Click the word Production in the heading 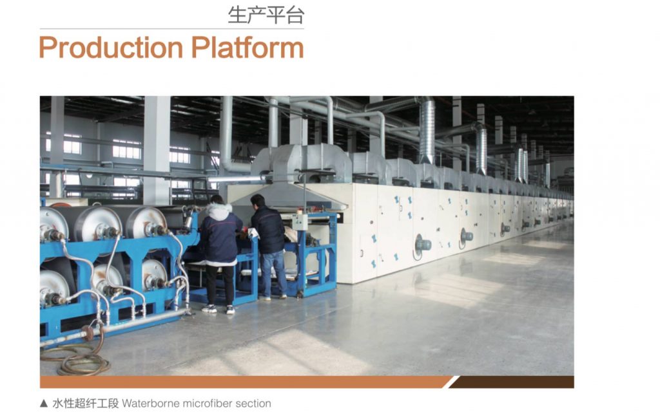point(111,48)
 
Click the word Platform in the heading point(247,47)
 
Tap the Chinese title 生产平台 point(266,15)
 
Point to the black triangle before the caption point(44,403)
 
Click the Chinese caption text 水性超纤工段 point(86,403)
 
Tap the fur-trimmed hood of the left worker point(219,211)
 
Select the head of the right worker point(258,201)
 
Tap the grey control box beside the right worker point(300,222)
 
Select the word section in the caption point(253,403)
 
